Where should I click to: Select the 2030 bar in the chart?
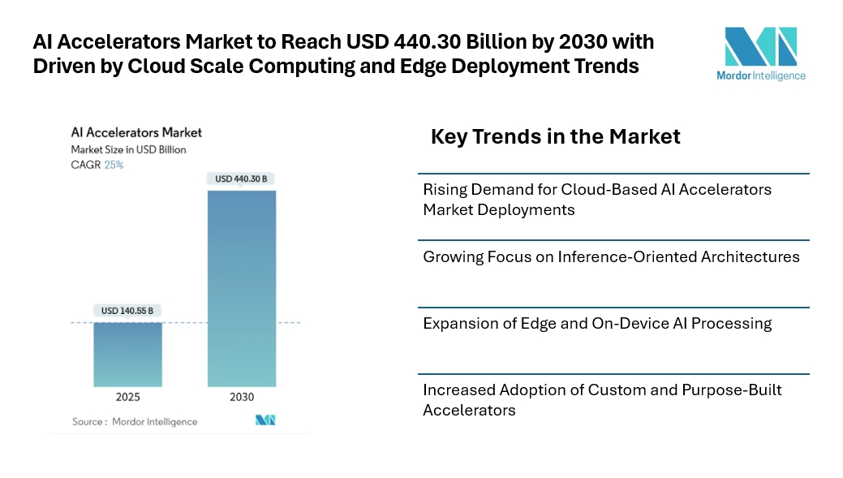point(242,288)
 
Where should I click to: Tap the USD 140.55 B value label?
point(127,310)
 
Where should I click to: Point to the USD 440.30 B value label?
point(242,179)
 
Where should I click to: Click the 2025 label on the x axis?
point(127,397)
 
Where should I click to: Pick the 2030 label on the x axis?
point(242,397)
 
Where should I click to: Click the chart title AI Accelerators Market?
point(136,132)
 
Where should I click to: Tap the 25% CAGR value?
point(114,165)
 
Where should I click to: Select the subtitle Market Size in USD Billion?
point(128,149)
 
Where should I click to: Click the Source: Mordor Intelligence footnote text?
point(135,421)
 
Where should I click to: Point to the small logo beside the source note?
point(265,420)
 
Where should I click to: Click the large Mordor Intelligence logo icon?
point(760,46)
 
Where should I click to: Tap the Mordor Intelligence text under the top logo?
point(760,76)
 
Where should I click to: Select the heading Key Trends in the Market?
point(555,136)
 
